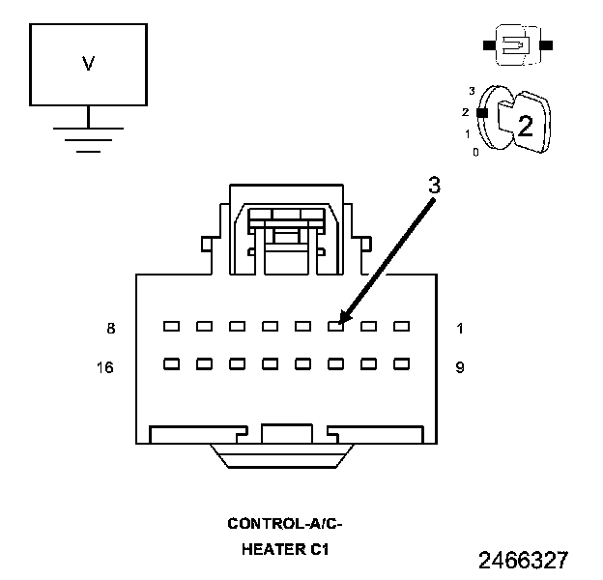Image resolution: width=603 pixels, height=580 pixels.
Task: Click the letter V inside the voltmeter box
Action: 88,64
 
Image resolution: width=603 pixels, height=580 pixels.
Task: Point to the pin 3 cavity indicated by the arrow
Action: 335,327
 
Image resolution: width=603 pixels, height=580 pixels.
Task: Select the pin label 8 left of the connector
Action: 111,329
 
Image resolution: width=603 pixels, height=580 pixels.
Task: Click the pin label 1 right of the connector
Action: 460,329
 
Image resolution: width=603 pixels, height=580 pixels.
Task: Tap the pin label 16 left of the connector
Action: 106,366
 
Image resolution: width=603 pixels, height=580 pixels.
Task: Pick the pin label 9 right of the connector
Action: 460,366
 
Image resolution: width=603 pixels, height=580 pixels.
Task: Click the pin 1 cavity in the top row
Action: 401,327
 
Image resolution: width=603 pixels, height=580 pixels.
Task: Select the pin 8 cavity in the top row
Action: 171,327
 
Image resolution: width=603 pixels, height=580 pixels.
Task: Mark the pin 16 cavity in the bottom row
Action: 171,364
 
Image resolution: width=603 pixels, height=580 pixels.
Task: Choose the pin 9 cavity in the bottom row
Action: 401,364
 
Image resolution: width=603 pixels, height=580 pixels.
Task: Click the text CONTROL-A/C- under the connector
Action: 285,524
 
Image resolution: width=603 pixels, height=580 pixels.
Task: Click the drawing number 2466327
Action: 523,560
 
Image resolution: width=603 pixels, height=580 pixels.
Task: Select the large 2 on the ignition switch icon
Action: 525,125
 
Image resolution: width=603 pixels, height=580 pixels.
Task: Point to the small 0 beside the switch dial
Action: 474,152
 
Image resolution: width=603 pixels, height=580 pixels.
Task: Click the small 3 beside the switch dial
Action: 471,90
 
